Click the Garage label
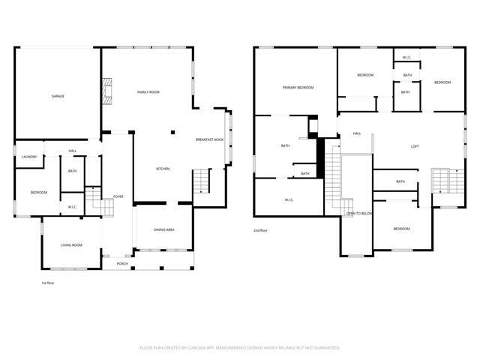coord(57,97)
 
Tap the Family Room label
coord(148,92)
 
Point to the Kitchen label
coord(163,169)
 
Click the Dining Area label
coord(164,229)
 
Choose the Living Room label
coord(71,245)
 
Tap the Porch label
coord(122,264)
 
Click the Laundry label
coord(29,157)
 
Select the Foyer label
coord(118,196)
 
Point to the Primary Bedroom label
coord(298,88)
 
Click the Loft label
coord(414,146)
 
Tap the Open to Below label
coord(359,214)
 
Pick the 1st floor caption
coord(48,283)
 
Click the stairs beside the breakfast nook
coord(200,181)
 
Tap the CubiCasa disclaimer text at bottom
coord(240,348)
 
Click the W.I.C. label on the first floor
coord(72,207)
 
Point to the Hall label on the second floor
coord(357,133)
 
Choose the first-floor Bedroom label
coord(39,193)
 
